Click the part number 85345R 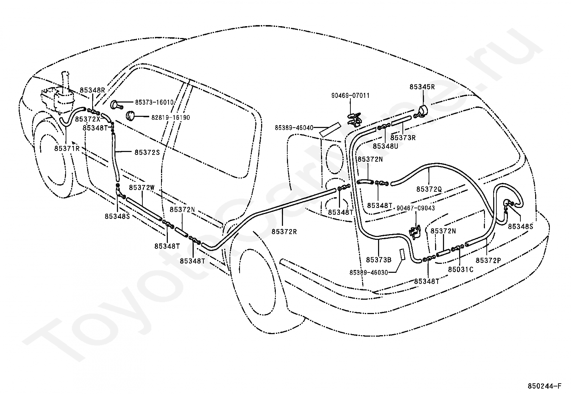[422, 87]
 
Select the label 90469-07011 [350, 96]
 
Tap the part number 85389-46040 [294, 128]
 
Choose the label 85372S [147, 152]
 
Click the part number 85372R [284, 231]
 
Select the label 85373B [379, 259]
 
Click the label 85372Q [429, 189]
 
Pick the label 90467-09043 [416, 208]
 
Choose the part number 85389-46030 [369, 272]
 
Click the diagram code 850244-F [544, 386]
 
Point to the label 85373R [403, 137]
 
